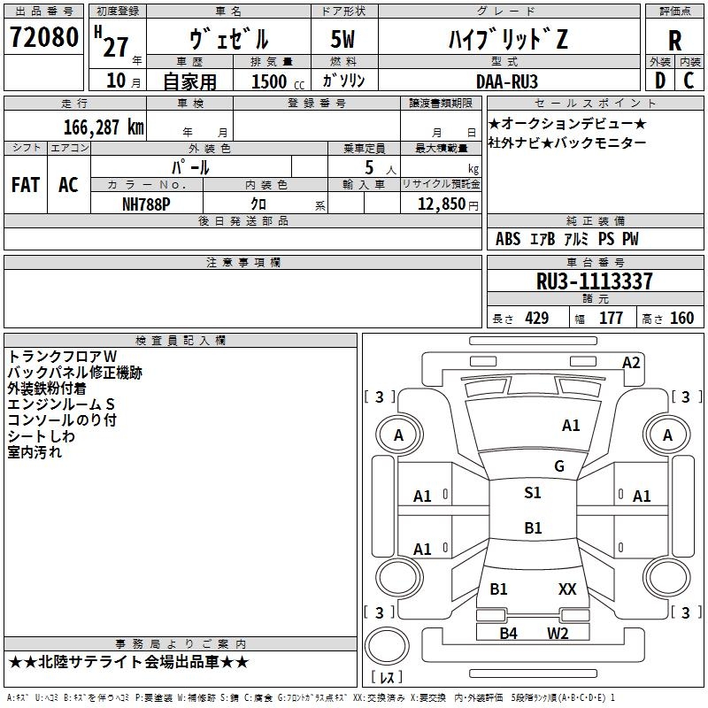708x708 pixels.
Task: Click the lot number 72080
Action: click(x=43, y=37)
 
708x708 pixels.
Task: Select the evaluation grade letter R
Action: click(x=674, y=41)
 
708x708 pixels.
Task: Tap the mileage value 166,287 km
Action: click(x=104, y=127)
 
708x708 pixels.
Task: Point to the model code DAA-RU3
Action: click(x=507, y=81)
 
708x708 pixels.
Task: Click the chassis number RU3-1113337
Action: click(x=594, y=281)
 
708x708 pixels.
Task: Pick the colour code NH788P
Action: click(x=146, y=204)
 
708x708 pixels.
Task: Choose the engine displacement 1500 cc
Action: click(x=278, y=81)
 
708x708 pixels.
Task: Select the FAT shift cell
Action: click(x=26, y=185)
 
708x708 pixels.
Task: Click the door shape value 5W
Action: click(x=342, y=39)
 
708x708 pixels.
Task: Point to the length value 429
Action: click(x=537, y=319)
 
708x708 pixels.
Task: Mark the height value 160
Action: click(x=681, y=319)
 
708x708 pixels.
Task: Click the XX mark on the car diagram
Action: click(x=567, y=589)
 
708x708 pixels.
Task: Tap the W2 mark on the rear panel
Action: click(x=558, y=634)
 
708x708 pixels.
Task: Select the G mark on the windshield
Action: click(x=559, y=466)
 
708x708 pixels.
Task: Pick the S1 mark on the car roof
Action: click(x=533, y=493)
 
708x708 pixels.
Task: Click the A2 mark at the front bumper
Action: click(x=631, y=363)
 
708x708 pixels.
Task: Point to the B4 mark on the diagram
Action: click(x=508, y=634)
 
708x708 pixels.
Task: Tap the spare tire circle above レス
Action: click(x=387, y=647)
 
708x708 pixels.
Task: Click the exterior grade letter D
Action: click(x=660, y=81)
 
